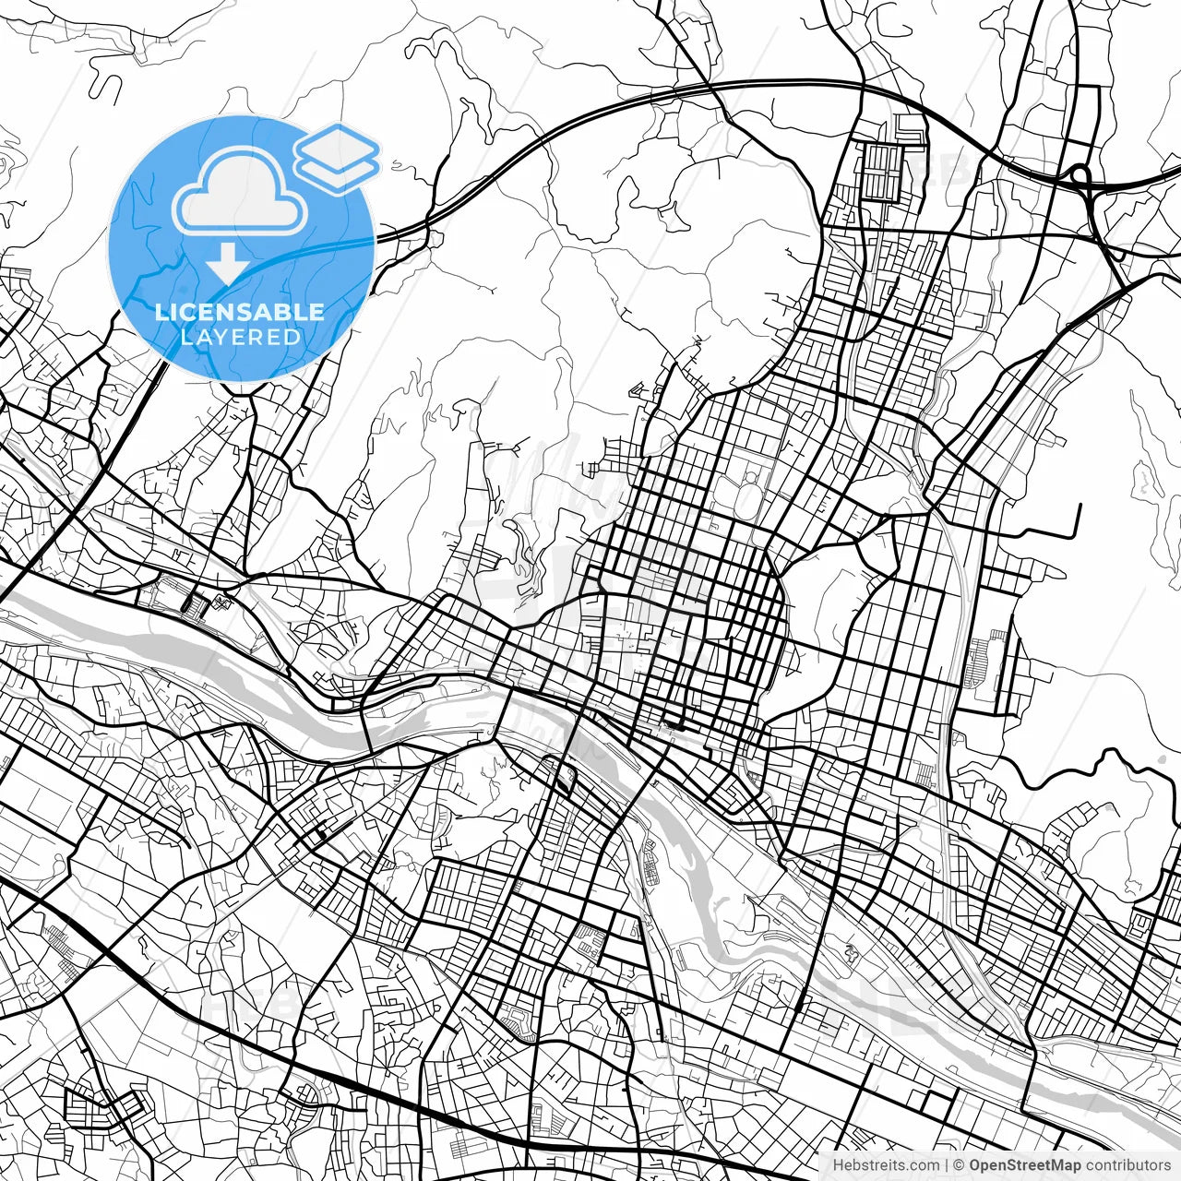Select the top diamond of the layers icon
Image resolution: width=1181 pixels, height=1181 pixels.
click(x=338, y=145)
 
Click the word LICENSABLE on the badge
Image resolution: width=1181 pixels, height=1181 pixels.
click(x=240, y=312)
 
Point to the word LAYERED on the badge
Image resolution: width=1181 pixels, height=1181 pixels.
click(x=240, y=338)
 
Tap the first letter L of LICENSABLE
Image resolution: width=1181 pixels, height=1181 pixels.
click(x=161, y=312)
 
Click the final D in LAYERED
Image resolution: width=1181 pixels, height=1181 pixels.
click(x=292, y=338)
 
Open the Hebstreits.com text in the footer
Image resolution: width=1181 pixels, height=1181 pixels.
click(x=887, y=1165)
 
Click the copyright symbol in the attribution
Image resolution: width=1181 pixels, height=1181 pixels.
click(x=960, y=1165)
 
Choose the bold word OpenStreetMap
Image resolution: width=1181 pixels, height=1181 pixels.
click(x=1024, y=1165)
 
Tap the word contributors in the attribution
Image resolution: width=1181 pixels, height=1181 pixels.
click(x=1127, y=1165)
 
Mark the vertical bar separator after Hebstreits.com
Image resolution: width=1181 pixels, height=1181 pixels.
click(x=947, y=1165)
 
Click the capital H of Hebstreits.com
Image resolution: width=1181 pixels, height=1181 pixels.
click(x=838, y=1165)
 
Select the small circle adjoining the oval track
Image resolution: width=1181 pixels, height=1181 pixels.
click(x=752, y=477)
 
